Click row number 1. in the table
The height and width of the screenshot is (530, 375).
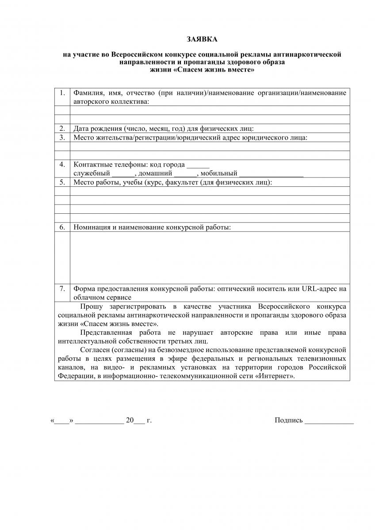point(62,93)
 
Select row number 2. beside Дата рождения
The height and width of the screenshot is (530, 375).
point(62,129)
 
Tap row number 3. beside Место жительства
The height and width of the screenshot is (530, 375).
point(62,137)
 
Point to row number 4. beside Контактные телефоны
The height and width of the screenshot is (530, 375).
point(62,164)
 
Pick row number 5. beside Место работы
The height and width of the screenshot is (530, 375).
point(62,182)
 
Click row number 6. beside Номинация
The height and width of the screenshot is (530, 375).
point(62,227)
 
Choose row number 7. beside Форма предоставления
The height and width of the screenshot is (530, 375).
point(62,289)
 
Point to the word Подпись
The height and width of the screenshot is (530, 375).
point(288,420)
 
